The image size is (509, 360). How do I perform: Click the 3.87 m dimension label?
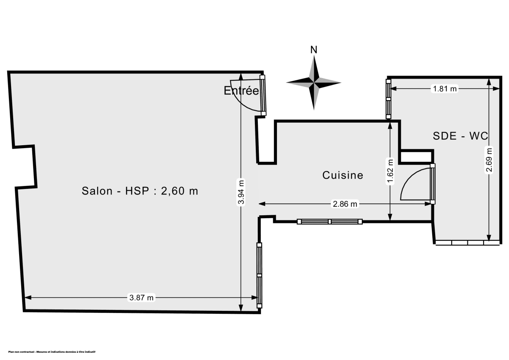141,298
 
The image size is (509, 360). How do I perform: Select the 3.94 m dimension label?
241,192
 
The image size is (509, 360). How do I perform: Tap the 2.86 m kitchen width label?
345,204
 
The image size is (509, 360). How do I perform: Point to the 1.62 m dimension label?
390,171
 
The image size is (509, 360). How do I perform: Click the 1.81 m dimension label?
445,89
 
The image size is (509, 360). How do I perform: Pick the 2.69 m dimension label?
489,160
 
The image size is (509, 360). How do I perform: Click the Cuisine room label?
343,175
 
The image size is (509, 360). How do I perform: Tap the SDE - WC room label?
460,136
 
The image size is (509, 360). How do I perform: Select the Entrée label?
241,90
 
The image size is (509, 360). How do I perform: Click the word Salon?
97,191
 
